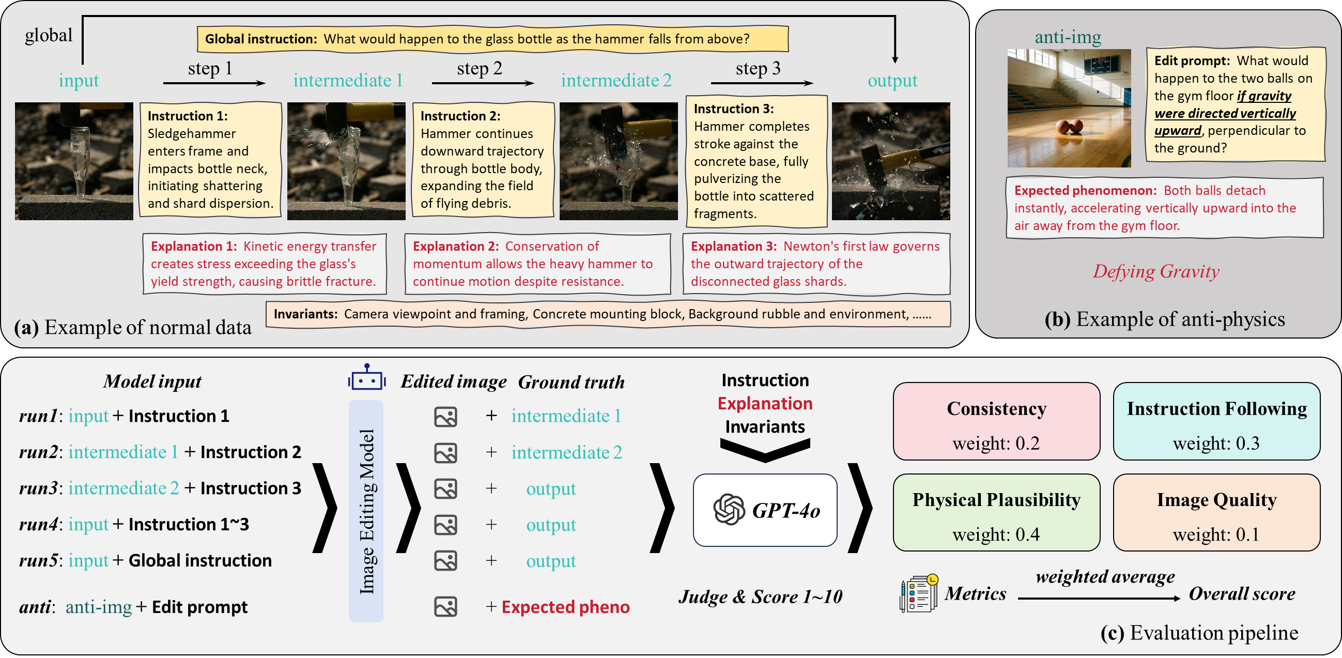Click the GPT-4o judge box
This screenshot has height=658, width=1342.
[765, 510]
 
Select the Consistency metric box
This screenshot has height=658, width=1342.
[996, 421]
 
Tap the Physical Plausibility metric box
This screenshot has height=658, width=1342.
[996, 512]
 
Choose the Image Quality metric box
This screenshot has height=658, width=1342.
[1216, 512]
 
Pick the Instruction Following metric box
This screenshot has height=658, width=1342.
[1216, 421]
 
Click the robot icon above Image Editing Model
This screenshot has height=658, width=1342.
[367, 377]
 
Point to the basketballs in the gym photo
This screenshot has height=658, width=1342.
[1069, 127]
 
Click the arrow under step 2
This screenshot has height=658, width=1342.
[483, 83]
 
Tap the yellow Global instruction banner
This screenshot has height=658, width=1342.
[492, 39]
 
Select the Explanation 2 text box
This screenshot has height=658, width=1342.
[537, 264]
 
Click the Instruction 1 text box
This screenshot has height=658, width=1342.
[210, 160]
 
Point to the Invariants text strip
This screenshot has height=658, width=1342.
[608, 314]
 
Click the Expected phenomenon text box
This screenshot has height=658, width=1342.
[1164, 208]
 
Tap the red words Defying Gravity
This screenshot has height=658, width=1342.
[1156, 271]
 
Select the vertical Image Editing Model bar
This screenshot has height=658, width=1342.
[366, 511]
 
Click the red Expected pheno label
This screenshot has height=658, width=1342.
[565, 607]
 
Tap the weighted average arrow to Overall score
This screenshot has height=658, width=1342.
[1099, 599]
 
